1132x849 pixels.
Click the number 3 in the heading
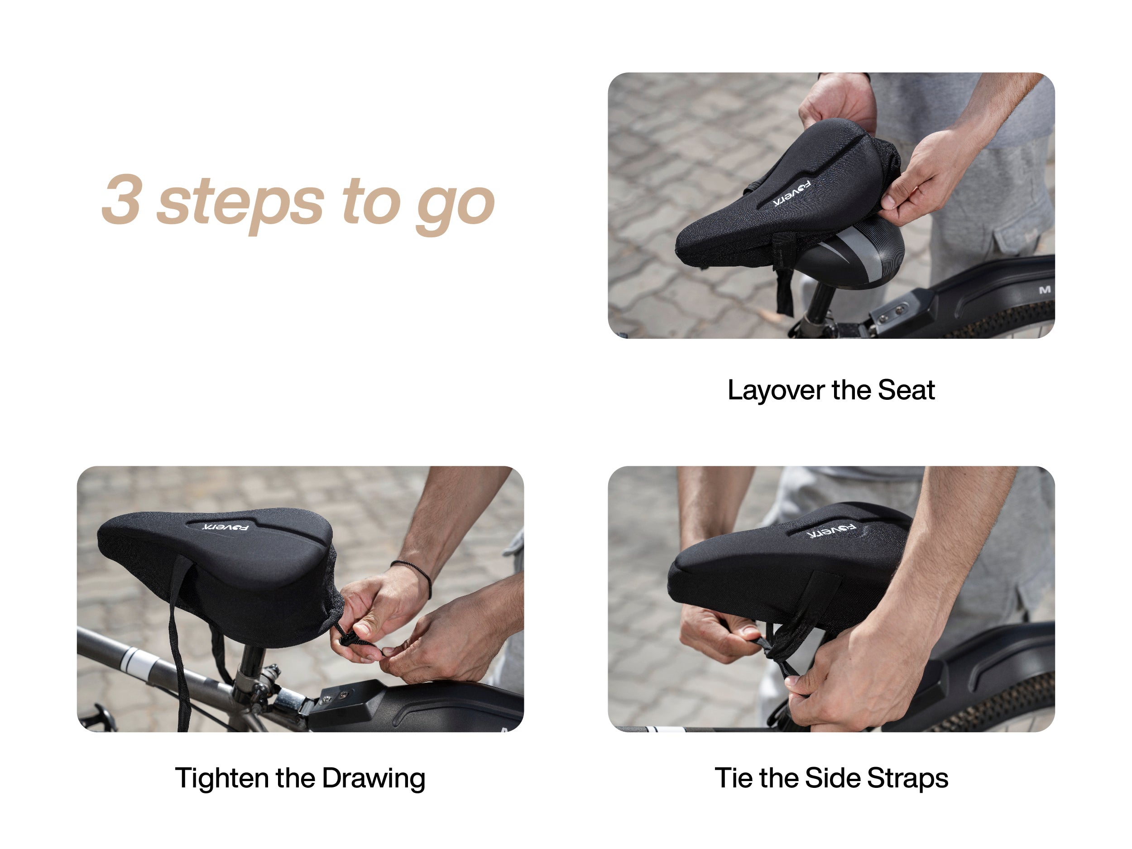point(122,200)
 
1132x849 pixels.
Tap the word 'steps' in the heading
point(240,204)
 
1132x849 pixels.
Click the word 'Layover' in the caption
point(777,391)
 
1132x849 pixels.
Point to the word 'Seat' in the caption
point(907,390)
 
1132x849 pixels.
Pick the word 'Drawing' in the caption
point(374,779)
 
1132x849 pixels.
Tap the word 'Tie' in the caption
point(734,778)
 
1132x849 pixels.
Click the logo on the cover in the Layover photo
point(791,194)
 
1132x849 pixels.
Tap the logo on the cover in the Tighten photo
point(225,527)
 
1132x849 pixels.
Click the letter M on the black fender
point(1045,290)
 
